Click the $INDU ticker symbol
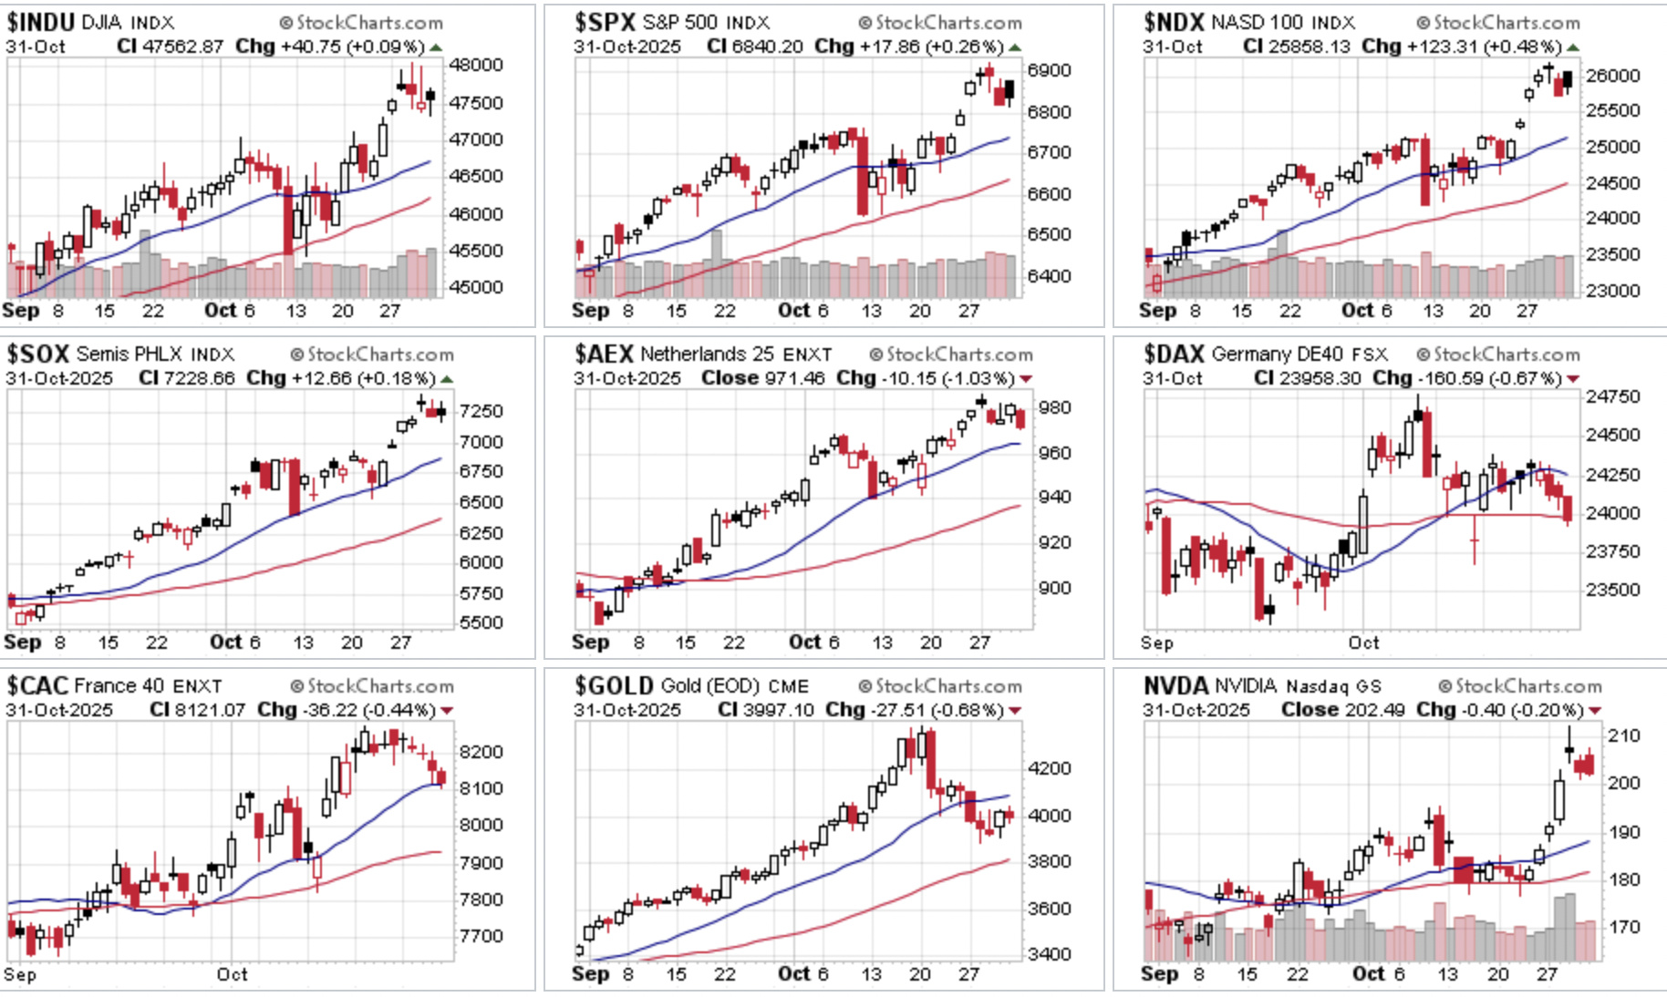(x=40, y=22)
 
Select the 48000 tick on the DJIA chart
(x=475, y=65)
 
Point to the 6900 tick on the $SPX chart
(x=1049, y=70)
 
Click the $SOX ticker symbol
(x=38, y=354)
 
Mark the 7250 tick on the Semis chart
(x=481, y=411)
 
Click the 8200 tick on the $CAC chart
(x=481, y=752)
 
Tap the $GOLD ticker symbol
(x=614, y=685)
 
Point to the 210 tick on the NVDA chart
(x=1623, y=735)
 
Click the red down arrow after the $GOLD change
(x=1015, y=711)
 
